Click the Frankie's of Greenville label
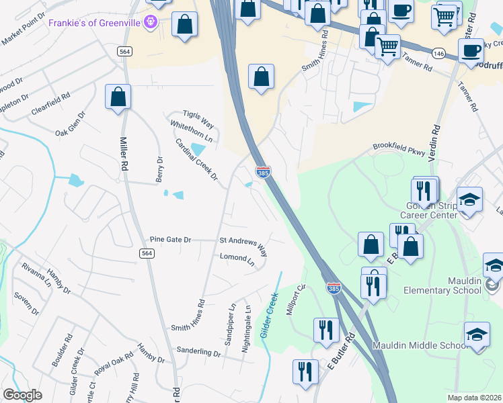[96, 23]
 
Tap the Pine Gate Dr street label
[171, 240]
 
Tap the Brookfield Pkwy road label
[399, 150]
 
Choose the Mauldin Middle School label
[419, 345]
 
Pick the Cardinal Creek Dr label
[196, 160]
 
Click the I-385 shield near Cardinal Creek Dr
[263, 173]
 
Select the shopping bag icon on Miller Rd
[118, 97]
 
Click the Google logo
[23, 395]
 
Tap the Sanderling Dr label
[198, 351]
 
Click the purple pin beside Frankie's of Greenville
[150, 23]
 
